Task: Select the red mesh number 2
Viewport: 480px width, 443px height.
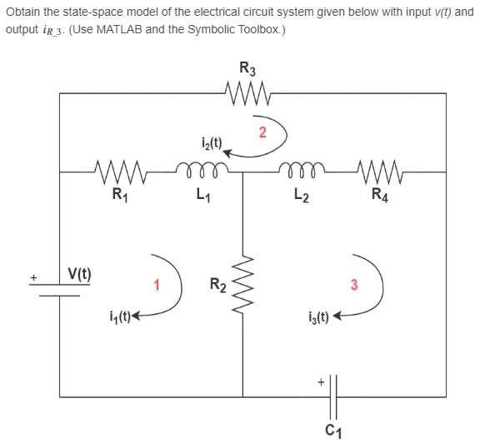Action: click(262, 132)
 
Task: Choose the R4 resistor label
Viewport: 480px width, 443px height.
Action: click(379, 197)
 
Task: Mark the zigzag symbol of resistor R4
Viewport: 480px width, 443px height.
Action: click(379, 175)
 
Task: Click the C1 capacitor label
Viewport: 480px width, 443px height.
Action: click(332, 430)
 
